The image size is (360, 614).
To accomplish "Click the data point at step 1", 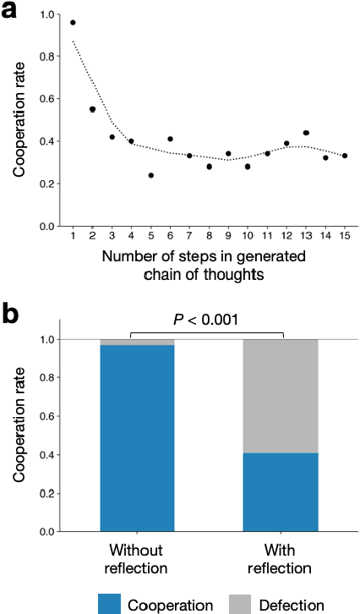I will (73, 23).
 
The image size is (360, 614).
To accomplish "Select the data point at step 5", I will (150, 175).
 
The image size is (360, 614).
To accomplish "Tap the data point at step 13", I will (306, 133).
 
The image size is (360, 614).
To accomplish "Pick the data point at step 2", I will (92, 109).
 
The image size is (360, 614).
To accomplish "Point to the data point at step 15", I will (345, 156).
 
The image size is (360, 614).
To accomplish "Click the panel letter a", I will (12, 14).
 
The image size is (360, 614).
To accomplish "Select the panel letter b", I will (13, 315).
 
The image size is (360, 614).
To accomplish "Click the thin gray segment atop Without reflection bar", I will (137, 342).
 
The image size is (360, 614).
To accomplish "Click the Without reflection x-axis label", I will (137, 556).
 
